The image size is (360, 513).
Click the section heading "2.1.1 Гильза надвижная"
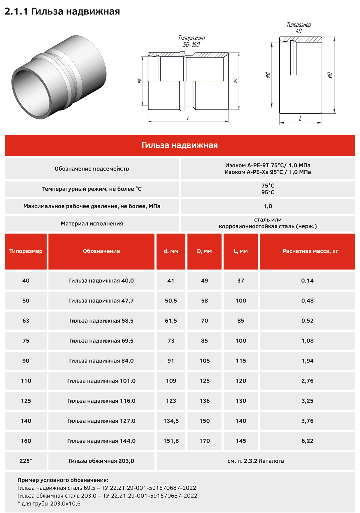(x=62, y=11)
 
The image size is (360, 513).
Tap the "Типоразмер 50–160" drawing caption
(x=191, y=41)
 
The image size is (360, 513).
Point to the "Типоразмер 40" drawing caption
(x=298, y=28)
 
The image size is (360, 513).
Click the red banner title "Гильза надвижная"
(x=180, y=145)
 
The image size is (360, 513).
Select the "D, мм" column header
(x=204, y=251)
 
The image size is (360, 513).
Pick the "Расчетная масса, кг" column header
(x=310, y=251)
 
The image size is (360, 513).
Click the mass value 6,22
(x=307, y=441)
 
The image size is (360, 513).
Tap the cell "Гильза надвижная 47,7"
(x=101, y=301)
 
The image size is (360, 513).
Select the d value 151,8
(x=171, y=441)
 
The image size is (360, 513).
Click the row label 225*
(x=26, y=461)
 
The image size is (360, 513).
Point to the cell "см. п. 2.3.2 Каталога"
(x=256, y=461)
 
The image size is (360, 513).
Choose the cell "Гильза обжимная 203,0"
(x=101, y=461)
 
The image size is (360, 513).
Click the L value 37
(x=241, y=281)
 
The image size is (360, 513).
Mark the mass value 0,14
(x=307, y=281)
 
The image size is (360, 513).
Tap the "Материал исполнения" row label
(x=92, y=224)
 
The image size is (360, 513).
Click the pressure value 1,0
(x=268, y=206)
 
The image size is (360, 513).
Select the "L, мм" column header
(x=241, y=251)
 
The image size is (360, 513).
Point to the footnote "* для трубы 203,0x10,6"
(x=49, y=504)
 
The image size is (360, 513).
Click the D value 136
(x=204, y=401)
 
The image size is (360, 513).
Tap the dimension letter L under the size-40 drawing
(x=300, y=119)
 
